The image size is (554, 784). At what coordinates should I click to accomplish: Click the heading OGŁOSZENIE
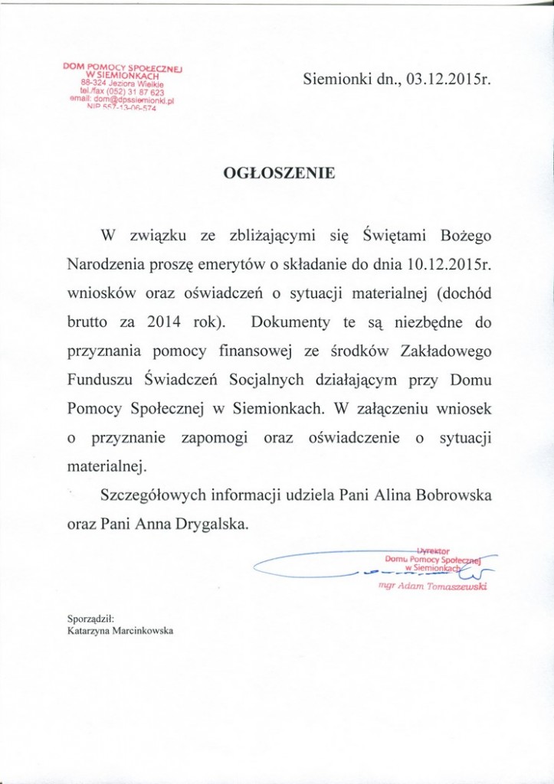[278, 174]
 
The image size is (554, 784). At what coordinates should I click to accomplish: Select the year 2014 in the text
[165, 322]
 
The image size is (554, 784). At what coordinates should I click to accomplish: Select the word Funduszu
[96, 381]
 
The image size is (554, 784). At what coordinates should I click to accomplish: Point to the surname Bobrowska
[454, 496]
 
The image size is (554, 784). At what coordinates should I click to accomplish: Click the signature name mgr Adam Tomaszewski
[434, 586]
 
